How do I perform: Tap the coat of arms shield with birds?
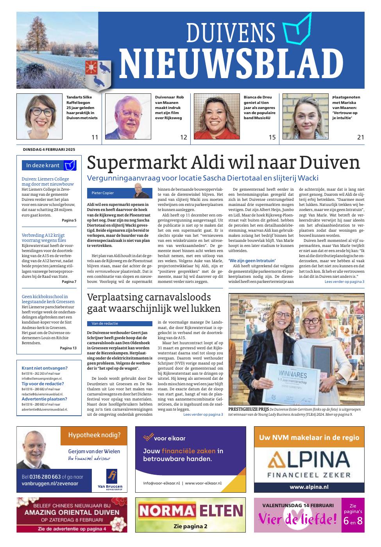coord(98,74)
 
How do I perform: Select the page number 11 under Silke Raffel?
coord(95,137)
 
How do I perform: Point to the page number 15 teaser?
coord(272,137)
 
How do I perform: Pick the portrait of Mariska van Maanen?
coord(306,116)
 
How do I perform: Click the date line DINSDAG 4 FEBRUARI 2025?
coord(48,149)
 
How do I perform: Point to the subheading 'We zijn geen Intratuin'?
coord(252,260)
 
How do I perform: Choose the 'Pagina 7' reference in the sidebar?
coord(69,281)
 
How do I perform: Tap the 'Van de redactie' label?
coord(105,324)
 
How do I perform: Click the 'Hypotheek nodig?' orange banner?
coord(94,435)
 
